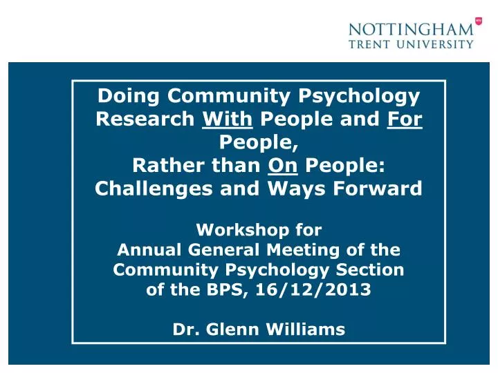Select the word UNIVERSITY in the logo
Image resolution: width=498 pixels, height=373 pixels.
(x=441, y=44)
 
